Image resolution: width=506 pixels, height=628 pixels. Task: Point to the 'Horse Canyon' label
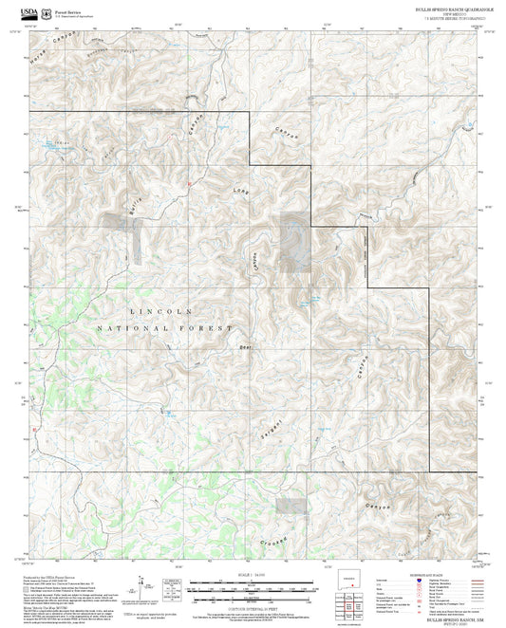coord(53,42)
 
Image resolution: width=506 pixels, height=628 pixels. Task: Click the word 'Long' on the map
coord(243,194)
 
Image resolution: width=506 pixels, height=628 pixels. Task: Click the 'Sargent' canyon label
coord(270,434)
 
